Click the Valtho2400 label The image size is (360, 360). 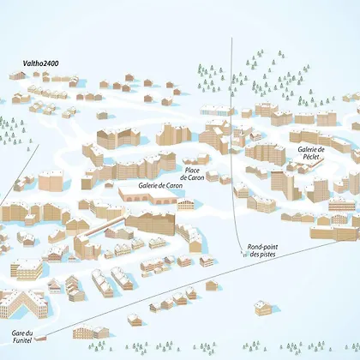40,63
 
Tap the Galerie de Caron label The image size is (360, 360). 160,185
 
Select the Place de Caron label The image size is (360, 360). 192,174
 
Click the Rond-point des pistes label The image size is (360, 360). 262,250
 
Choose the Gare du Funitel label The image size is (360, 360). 22,337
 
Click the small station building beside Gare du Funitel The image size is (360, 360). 40,339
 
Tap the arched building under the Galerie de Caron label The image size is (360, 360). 148,195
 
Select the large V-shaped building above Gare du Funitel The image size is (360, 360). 23,303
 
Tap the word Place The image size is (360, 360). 192,171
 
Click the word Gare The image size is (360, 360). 17,333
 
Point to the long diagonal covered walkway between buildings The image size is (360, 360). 102,226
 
